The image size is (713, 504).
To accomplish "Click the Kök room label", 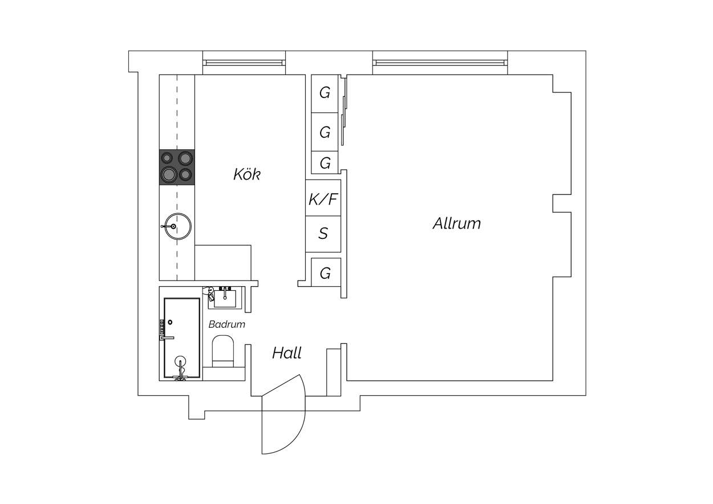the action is point(246,174).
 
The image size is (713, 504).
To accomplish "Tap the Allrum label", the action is point(457,223).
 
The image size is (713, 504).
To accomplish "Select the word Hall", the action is point(287,353).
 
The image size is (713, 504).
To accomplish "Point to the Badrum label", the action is point(227,324).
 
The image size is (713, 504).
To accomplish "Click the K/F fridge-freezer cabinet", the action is point(323,198).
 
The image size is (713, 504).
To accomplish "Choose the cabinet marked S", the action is point(323,234).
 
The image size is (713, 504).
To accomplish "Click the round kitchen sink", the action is point(178,226).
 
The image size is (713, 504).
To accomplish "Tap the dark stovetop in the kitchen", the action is point(177,167).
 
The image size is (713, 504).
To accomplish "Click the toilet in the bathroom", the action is point(223,351).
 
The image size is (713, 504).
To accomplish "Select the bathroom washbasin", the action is point(225,298).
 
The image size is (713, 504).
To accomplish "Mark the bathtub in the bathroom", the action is point(182,338).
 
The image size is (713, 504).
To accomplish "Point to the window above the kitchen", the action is point(244,63).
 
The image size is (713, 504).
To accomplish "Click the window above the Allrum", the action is point(440,63).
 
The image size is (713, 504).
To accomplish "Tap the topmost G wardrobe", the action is point(325,94).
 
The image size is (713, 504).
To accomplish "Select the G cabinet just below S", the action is point(326,273).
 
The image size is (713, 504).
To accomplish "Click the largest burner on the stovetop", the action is point(169,174).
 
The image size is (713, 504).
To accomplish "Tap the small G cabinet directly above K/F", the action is point(325,162).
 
